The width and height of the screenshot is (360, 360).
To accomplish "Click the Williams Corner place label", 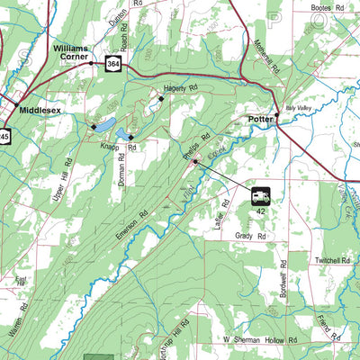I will coord(72,49).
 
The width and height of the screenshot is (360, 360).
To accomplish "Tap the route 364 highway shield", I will coord(112,64).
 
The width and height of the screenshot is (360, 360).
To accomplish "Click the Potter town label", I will coord(259,118).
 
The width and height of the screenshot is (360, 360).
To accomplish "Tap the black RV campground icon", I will coord(259,194).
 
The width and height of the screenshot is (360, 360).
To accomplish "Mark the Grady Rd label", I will coord(252,236).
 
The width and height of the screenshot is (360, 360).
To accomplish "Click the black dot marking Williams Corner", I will coord(90,63).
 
